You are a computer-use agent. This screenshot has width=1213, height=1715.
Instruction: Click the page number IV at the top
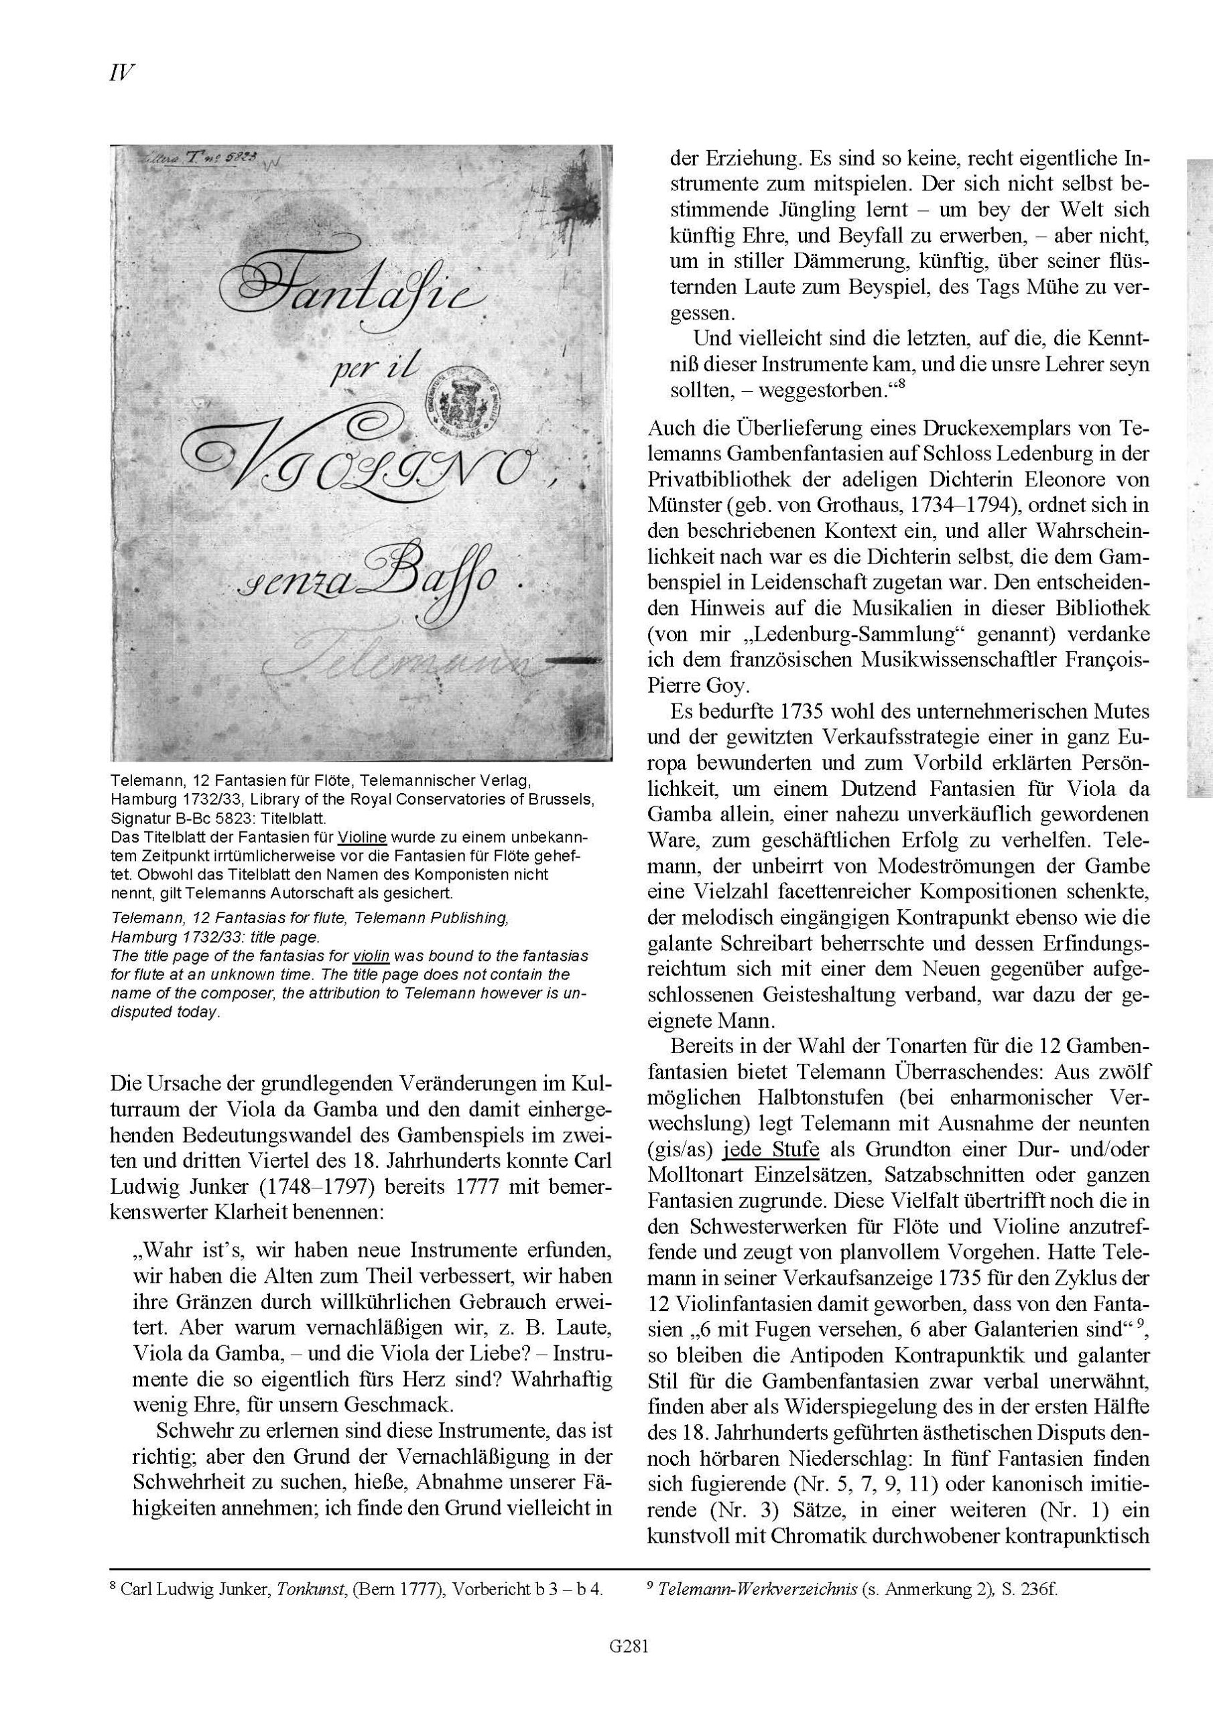[121, 74]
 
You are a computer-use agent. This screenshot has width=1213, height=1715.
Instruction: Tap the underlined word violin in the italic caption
[371, 956]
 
